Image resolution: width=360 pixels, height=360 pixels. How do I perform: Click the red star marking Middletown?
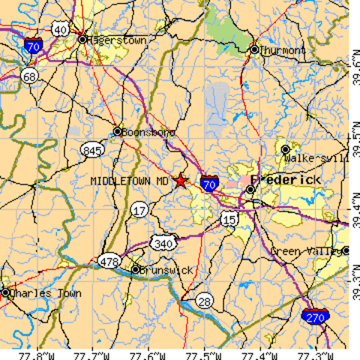tap(181, 181)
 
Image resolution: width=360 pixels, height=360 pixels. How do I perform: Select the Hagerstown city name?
tap(118, 40)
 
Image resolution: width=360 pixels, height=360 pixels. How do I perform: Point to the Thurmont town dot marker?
tap(254, 50)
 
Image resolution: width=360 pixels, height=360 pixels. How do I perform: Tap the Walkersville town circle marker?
tap(286, 150)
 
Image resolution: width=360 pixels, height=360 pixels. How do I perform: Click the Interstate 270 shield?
tap(314, 318)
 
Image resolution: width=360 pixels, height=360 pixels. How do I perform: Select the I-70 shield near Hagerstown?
tap(33, 46)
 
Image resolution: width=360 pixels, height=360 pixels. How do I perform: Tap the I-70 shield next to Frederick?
tap(211, 183)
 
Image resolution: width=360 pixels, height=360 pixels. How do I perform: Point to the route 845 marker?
tap(92, 151)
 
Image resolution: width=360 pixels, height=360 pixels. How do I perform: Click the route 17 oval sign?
tap(139, 211)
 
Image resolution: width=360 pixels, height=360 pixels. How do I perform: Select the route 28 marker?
tap(204, 301)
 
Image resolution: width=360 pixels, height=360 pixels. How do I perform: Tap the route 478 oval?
tap(108, 261)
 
